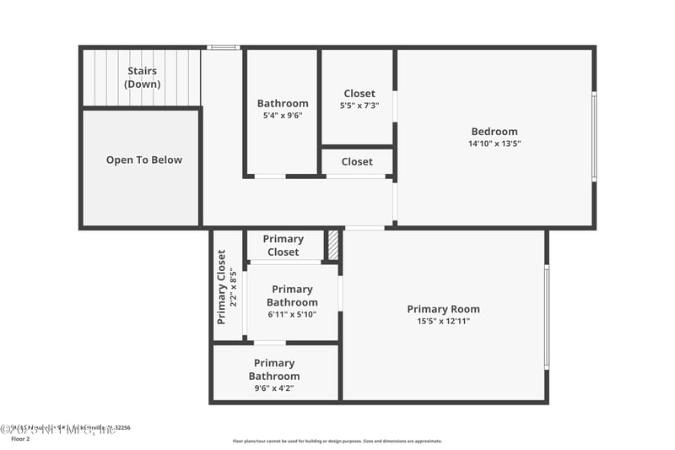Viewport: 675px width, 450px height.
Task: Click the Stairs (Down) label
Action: point(143,78)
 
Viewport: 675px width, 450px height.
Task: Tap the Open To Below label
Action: point(143,160)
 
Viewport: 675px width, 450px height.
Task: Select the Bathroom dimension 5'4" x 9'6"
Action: point(283,116)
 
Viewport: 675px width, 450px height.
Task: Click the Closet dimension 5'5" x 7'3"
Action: point(359,106)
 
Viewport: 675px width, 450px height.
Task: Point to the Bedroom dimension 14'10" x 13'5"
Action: point(494,144)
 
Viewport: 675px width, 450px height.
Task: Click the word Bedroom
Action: point(494,131)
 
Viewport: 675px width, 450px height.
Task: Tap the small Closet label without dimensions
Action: point(357,161)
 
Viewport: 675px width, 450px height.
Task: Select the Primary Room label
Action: point(443,309)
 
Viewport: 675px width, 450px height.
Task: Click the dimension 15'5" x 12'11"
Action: point(443,321)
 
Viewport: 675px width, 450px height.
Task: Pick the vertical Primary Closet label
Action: point(222,287)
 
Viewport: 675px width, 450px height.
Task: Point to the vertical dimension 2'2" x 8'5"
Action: point(233,287)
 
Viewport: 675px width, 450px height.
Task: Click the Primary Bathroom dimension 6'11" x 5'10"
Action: point(292,315)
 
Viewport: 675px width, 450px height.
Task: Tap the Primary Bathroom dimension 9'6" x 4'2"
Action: point(273,388)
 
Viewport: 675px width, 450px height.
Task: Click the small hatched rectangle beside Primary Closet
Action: point(333,246)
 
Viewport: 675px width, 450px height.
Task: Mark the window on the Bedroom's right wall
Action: point(594,137)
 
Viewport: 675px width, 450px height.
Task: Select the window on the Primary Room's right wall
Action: point(547,317)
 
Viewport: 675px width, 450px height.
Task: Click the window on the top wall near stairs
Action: point(224,47)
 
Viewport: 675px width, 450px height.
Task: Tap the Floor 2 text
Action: point(20,439)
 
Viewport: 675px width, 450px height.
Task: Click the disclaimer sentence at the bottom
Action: point(337,441)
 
